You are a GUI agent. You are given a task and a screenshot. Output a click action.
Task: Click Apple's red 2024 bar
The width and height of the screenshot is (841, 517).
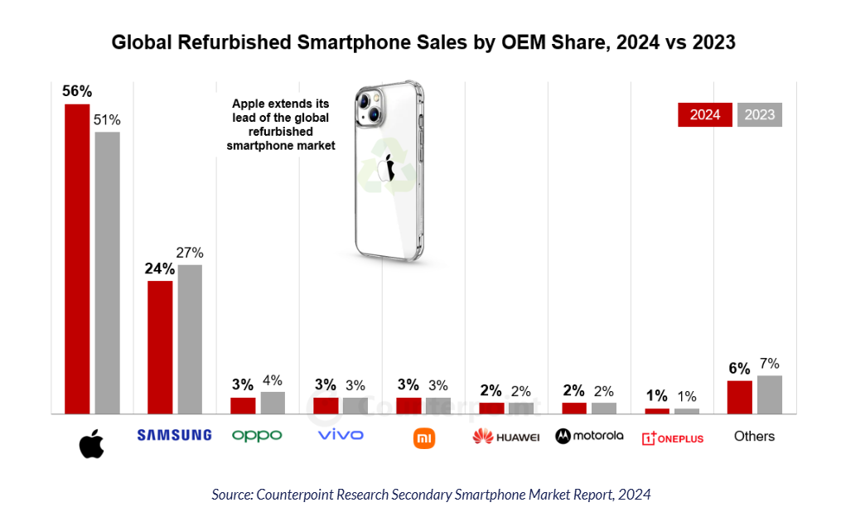77,258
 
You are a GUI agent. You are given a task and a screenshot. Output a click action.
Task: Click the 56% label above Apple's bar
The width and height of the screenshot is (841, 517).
77,92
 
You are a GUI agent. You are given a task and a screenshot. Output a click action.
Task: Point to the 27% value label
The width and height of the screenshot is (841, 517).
189,253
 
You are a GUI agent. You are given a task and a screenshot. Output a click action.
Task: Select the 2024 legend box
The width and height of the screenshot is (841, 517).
705,115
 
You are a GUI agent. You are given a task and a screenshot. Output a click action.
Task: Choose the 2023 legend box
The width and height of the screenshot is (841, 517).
760,115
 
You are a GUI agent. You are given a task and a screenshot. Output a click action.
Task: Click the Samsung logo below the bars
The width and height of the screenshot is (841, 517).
174,436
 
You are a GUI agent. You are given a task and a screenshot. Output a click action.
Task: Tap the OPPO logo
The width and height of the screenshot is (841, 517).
257,436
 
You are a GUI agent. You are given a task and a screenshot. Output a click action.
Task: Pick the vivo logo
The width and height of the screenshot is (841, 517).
341,435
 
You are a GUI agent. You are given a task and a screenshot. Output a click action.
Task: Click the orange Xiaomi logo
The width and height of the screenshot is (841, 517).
424,437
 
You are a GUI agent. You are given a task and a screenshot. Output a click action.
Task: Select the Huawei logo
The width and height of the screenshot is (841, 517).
506,437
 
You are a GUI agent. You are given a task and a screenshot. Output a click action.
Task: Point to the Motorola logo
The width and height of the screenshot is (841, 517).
589,436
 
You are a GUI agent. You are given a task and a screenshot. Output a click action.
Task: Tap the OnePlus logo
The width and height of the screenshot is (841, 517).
673,437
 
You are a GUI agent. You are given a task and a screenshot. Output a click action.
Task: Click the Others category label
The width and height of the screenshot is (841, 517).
754,436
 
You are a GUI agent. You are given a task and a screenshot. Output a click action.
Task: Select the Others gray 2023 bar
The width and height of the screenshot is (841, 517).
770,394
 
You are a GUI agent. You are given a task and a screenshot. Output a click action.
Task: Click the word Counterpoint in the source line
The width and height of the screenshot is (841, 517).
293,495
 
